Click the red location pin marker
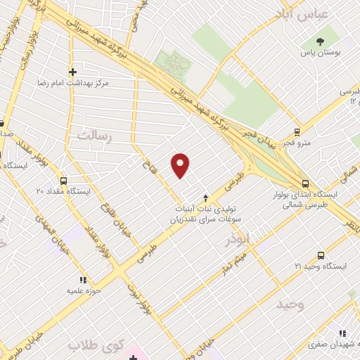point(181,165)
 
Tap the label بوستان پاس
point(321,53)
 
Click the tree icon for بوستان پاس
point(321,41)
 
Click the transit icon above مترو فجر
point(297,131)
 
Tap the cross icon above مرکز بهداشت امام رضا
point(72,72)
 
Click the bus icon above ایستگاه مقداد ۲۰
point(64,180)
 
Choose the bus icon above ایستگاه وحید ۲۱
point(321,256)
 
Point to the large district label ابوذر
point(237,240)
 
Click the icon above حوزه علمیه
point(84,280)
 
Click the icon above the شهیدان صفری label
point(342,333)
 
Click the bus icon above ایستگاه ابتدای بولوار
point(304,181)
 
